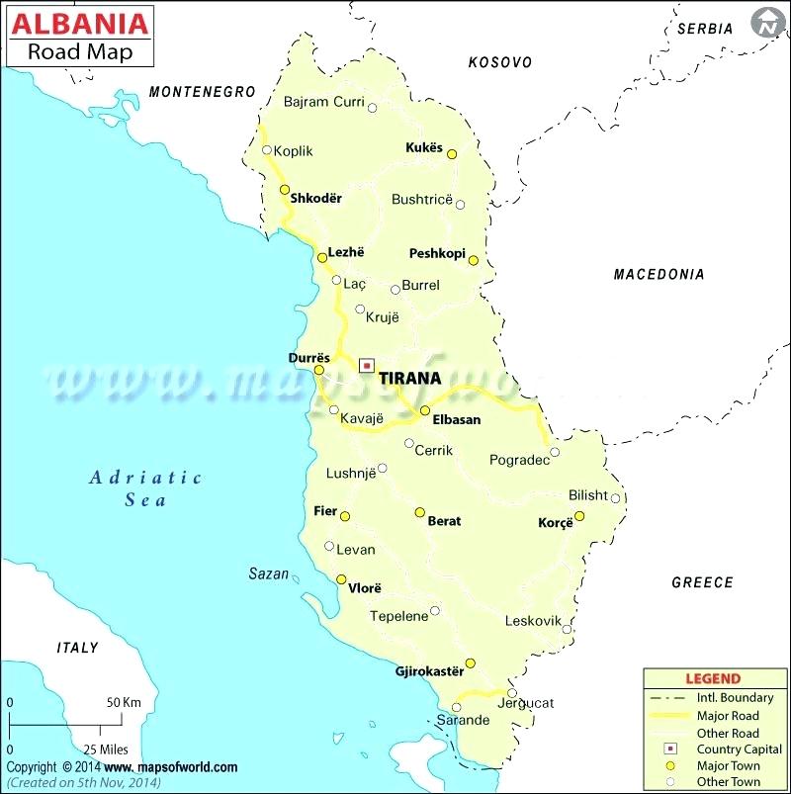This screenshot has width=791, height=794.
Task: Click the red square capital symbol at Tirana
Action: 367,364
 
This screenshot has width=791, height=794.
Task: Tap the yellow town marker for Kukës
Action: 452,154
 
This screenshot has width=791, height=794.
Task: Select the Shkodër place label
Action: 315,199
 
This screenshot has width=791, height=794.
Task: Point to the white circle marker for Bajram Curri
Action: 373,108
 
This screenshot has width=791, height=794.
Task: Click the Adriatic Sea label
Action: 145,488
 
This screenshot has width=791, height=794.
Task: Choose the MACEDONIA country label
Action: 659,274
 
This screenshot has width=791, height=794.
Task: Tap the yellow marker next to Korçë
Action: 579,516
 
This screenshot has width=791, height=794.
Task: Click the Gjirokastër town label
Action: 429,671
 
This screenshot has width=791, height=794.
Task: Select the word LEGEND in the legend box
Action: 713,679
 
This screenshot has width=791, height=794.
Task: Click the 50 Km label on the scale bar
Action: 125,702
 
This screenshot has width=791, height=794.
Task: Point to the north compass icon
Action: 765,22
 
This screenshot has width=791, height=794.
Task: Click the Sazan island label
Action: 268,573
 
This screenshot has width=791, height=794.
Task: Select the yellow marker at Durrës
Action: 318,370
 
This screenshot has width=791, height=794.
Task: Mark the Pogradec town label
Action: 519,461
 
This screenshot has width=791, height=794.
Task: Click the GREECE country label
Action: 702,582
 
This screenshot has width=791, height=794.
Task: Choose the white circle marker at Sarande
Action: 456,707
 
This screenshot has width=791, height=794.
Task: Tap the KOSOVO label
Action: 499,62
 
